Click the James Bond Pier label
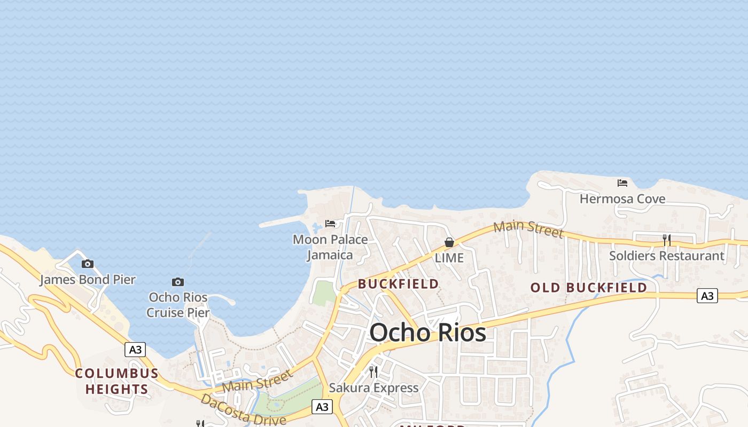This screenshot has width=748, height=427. click(87, 279)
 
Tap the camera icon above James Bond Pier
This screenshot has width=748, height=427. click(88, 264)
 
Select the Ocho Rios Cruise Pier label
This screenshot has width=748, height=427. click(178, 305)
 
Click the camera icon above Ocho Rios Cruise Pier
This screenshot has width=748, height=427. click(178, 282)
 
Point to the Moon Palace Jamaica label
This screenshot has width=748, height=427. click(330, 247)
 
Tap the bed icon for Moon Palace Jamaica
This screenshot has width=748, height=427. click(330, 223)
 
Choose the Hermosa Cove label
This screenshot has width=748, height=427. click(622, 199)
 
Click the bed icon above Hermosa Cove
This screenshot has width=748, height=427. click(622, 183)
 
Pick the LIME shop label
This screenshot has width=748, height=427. click(449, 258)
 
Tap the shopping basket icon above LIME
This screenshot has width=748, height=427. click(449, 243)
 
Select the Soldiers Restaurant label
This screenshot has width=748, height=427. click(667, 256)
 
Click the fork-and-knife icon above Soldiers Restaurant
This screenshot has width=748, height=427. click(667, 240)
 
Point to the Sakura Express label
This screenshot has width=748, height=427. click(373, 388)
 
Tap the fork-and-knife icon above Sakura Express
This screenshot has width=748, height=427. click(373, 372)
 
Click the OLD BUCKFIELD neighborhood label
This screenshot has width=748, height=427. click(588, 288)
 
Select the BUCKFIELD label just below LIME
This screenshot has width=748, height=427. click(399, 284)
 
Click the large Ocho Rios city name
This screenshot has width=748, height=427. click(427, 333)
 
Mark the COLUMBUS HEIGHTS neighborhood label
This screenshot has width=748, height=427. click(116, 381)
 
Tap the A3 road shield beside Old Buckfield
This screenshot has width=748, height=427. click(707, 296)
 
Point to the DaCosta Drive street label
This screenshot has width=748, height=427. click(244, 410)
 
